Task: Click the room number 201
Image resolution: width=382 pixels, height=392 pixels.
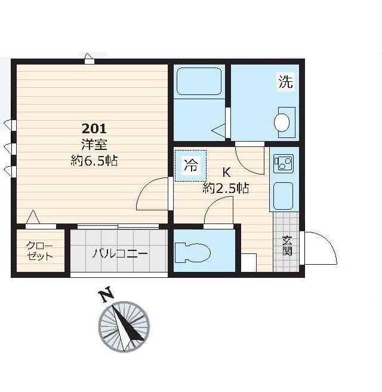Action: pyautogui.click(x=94, y=128)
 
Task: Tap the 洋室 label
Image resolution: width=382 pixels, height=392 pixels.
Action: pyautogui.click(x=94, y=145)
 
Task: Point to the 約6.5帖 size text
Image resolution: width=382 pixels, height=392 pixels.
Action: pyautogui.click(x=94, y=161)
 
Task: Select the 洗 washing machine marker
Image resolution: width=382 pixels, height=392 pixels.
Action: pyautogui.click(x=286, y=81)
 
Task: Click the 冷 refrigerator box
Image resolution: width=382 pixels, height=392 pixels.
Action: pyautogui.click(x=191, y=166)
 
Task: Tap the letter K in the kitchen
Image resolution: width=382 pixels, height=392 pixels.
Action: pyautogui.click(x=226, y=172)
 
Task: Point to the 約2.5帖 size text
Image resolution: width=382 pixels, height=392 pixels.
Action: pyautogui.click(x=226, y=188)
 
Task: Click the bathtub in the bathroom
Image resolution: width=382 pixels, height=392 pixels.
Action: pyautogui.click(x=199, y=81)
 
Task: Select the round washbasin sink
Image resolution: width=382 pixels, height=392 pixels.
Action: pyautogui.click(x=282, y=122)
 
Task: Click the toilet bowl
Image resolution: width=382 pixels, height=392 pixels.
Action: pyautogui.click(x=193, y=253)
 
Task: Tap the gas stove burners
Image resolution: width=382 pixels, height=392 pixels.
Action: pyautogui.click(x=284, y=164)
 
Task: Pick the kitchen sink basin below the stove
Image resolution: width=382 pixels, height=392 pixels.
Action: pyautogui.click(x=284, y=196)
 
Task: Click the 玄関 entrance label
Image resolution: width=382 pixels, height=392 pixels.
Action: pyautogui.click(x=287, y=246)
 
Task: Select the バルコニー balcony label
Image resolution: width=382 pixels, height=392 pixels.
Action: pyautogui.click(x=119, y=254)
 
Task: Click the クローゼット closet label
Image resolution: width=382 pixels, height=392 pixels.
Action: pyautogui.click(x=40, y=251)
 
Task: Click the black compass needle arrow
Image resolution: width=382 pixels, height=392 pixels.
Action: pyautogui.click(x=128, y=323)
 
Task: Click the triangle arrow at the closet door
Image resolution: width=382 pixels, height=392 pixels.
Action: pyautogui.click(x=33, y=217)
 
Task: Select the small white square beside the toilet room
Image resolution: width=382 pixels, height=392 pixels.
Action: pyautogui.click(x=249, y=262)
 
